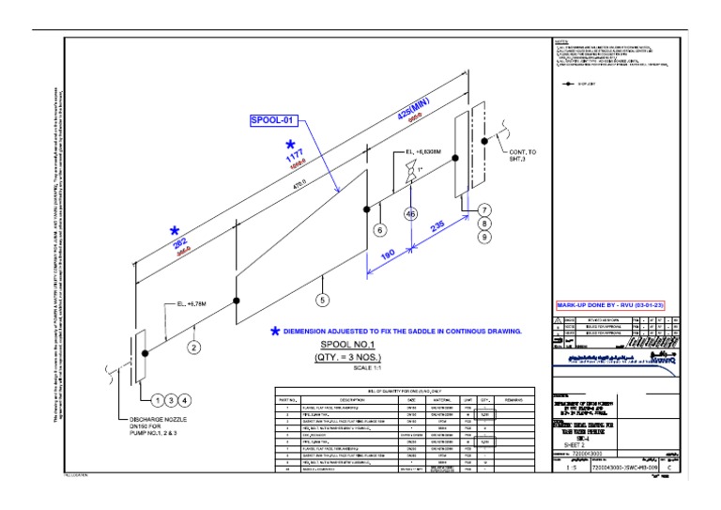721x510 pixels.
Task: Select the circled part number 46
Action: tap(410, 213)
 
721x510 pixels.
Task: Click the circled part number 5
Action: tap(323, 301)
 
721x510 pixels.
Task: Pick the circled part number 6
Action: tap(380, 229)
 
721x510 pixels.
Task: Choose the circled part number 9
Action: tap(484, 239)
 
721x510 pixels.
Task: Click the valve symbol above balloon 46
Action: tap(410, 175)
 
